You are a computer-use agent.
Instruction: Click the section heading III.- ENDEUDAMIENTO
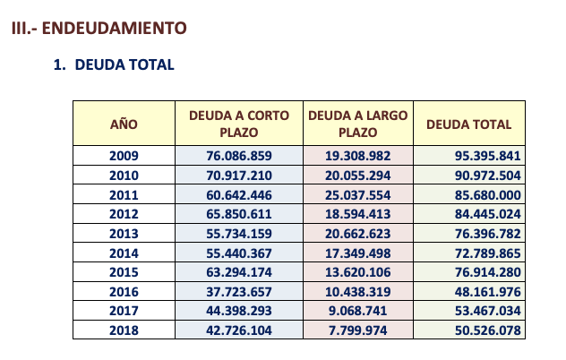click(99, 29)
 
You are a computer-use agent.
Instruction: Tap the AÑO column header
click(124, 124)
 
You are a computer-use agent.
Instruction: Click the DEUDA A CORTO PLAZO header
click(238, 124)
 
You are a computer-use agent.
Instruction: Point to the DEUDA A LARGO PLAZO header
click(358, 124)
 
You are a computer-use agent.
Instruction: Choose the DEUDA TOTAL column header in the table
click(468, 124)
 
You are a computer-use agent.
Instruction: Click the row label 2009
click(124, 155)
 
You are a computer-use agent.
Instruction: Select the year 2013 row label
click(124, 233)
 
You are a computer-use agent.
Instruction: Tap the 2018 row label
click(124, 330)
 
